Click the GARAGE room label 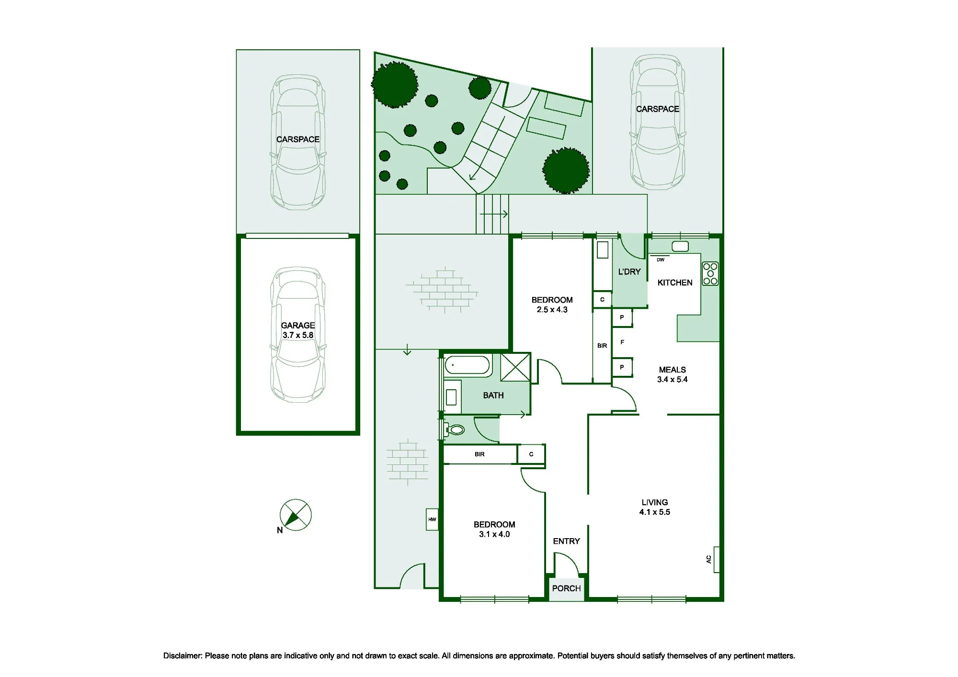[298, 325]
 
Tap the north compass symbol [296, 515]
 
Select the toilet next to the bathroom [455, 429]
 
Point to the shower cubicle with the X [515, 367]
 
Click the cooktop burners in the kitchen [710, 273]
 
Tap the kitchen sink [680, 247]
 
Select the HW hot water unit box [433, 519]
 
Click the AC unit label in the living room [709, 559]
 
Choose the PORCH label [566, 588]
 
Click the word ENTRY [566, 541]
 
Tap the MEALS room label [673, 370]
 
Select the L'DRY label [629, 271]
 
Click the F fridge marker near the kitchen [622, 342]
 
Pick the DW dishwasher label [661, 260]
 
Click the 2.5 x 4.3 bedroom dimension [552, 310]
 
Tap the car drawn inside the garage [298, 334]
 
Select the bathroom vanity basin [451, 397]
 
